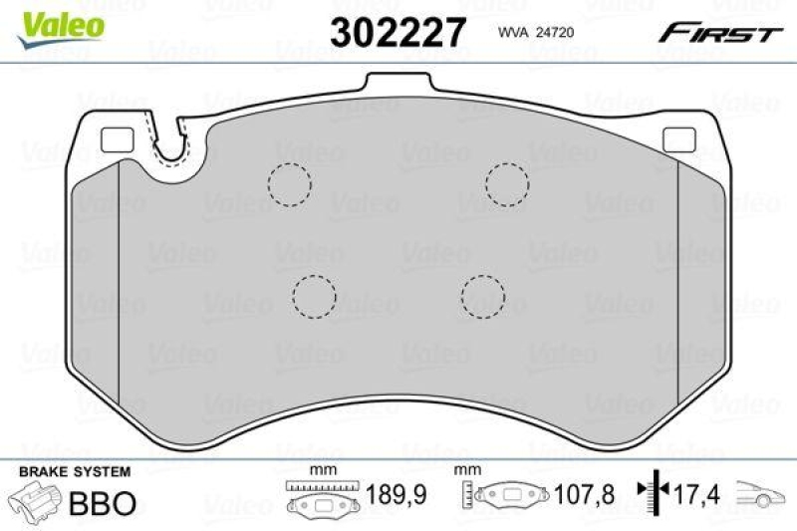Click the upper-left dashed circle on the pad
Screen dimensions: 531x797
click(x=290, y=183)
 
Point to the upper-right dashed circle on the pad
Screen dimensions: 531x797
click(x=506, y=183)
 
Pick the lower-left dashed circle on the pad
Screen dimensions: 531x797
click(x=315, y=294)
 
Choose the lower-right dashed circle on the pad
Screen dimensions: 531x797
click(x=483, y=294)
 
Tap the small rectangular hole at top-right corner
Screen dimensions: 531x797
click(x=678, y=141)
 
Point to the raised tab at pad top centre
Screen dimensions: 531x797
click(x=398, y=86)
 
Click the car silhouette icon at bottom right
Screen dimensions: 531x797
click(x=761, y=495)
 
